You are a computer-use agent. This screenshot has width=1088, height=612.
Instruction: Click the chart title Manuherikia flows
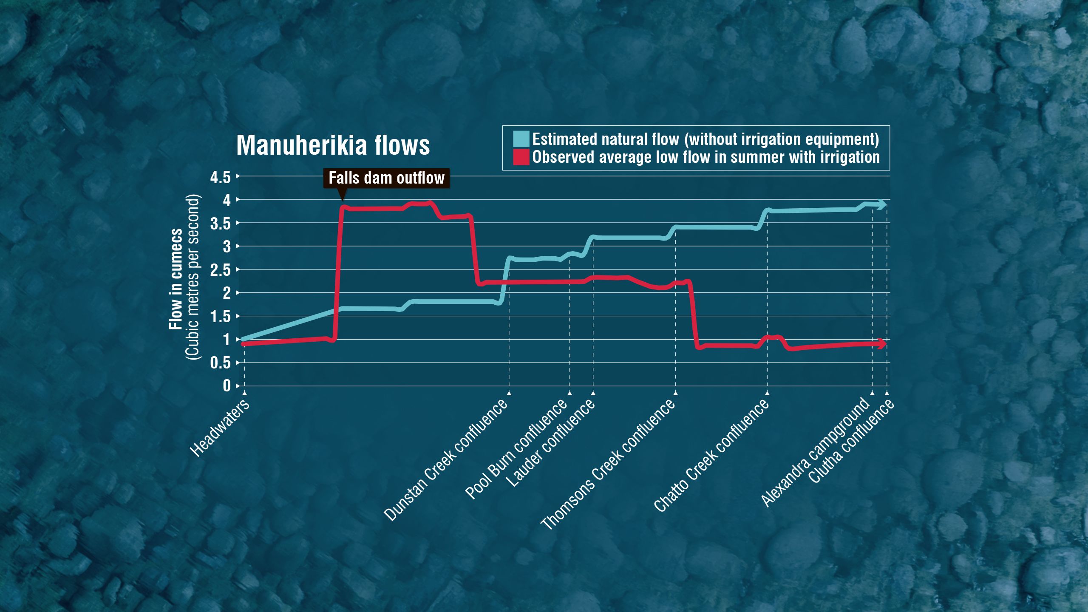pos(333,145)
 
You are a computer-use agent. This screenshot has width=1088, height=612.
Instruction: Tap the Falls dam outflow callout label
pos(386,178)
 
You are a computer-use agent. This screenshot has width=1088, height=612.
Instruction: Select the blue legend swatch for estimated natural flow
pos(521,139)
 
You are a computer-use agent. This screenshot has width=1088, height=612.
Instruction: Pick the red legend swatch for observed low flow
pos(521,157)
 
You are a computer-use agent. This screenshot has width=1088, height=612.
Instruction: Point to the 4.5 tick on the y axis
pos(220,177)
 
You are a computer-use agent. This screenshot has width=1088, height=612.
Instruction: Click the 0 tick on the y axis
pos(227,386)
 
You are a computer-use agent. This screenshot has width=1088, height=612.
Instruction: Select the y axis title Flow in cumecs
pos(176,279)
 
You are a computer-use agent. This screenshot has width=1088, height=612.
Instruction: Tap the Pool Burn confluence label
pos(516,449)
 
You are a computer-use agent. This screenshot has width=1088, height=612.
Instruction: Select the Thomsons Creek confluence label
pos(607,465)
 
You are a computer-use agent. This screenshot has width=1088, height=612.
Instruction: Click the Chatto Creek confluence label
pos(711,455)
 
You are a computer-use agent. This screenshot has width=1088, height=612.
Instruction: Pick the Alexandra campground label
pos(815,452)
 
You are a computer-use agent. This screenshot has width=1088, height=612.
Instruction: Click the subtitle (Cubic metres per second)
pos(193,277)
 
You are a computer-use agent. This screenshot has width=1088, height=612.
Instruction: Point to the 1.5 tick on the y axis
pos(220,317)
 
